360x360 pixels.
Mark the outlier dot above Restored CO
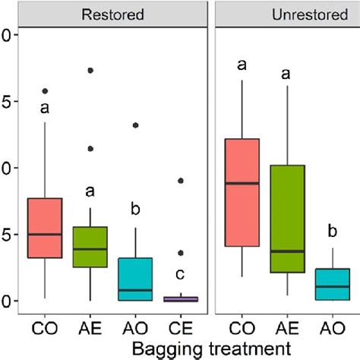pos(46,91)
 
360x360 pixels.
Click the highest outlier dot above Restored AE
pos(91,70)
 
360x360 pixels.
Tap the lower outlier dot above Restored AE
pos(91,149)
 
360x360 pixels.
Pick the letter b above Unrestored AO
pos(332,231)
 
